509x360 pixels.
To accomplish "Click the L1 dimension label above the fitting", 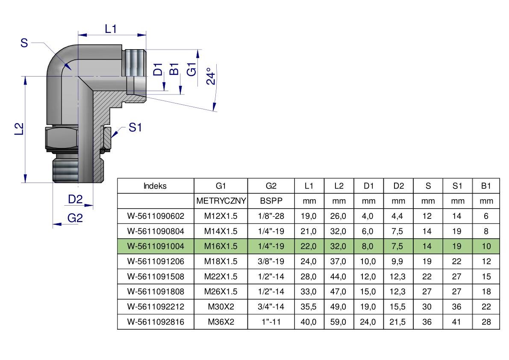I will [x=111, y=29].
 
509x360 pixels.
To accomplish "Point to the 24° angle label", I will [x=210, y=76].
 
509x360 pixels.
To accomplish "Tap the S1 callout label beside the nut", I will [x=135, y=127].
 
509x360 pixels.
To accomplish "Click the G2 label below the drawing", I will [x=75, y=218].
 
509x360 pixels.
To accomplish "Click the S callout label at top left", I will [x=24, y=43].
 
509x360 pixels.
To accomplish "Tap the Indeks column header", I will [x=155, y=186].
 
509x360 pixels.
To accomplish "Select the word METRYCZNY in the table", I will [x=221, y=201].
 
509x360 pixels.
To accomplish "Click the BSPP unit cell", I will [x=271, y=201].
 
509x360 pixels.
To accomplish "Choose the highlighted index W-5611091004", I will [x=156, y=246].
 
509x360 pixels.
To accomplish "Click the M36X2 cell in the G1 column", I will [x=221, y=322].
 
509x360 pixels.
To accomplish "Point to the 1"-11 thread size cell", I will [x=271, y=322].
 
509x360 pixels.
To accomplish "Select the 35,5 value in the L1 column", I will [x=309, y=307].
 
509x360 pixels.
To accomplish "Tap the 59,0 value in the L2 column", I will [x=338, y=322].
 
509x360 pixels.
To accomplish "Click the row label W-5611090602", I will [x=156, y=216].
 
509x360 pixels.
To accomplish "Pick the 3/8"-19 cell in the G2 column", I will [x=271, y=261].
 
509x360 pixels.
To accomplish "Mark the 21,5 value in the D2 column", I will [x=398, y=322].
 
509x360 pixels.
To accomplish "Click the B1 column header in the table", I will [x=486, y=186].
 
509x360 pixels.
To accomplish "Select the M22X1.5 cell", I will [x=221, y=276].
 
